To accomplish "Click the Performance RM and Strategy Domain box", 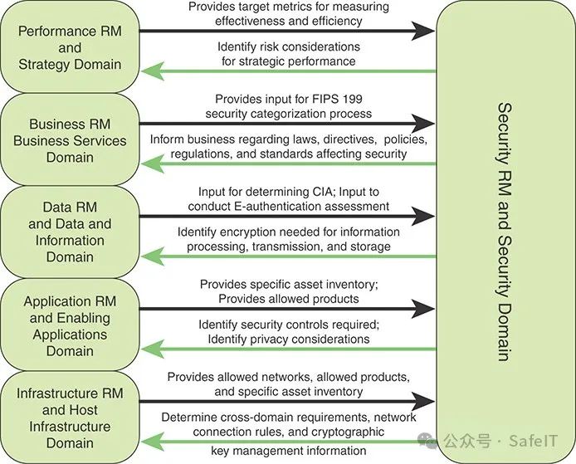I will pyautogui.click(x=70, y=47).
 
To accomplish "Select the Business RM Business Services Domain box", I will pyautogui.click(x=70, y=140).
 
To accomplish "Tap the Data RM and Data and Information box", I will pyautogui.click(x=70, y=232).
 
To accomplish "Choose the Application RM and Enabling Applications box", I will pyautogui.click(x=70, y=326).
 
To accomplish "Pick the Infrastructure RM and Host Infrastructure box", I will pyautogui.click(x=70, y=418).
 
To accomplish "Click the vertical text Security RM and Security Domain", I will pyautogui.click(x=504, y=232).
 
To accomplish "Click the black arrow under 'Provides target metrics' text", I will pyautogui.click(x=286, y=32).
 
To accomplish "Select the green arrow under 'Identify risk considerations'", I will pyautogui.click(x=286, y=71).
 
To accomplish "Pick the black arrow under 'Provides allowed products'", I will pyautogui.click(x=286, y=310).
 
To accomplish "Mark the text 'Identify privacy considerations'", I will pyautogui.click(x=288, y=339).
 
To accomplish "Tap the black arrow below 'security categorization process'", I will pyautogui.click(x=286, y=125).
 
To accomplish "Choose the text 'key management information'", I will pyautogui.click(x=288, y=451).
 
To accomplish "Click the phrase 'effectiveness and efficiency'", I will pyautogui.click(x=288, y=20).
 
